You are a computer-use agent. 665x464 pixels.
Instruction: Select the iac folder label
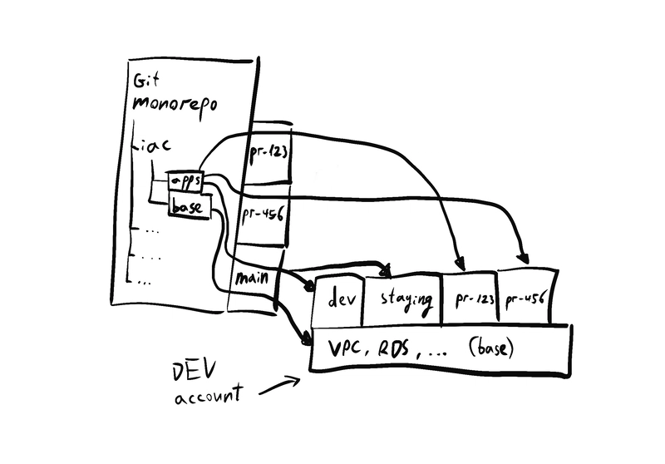[155, 146]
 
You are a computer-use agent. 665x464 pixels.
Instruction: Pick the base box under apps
[187, 206]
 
